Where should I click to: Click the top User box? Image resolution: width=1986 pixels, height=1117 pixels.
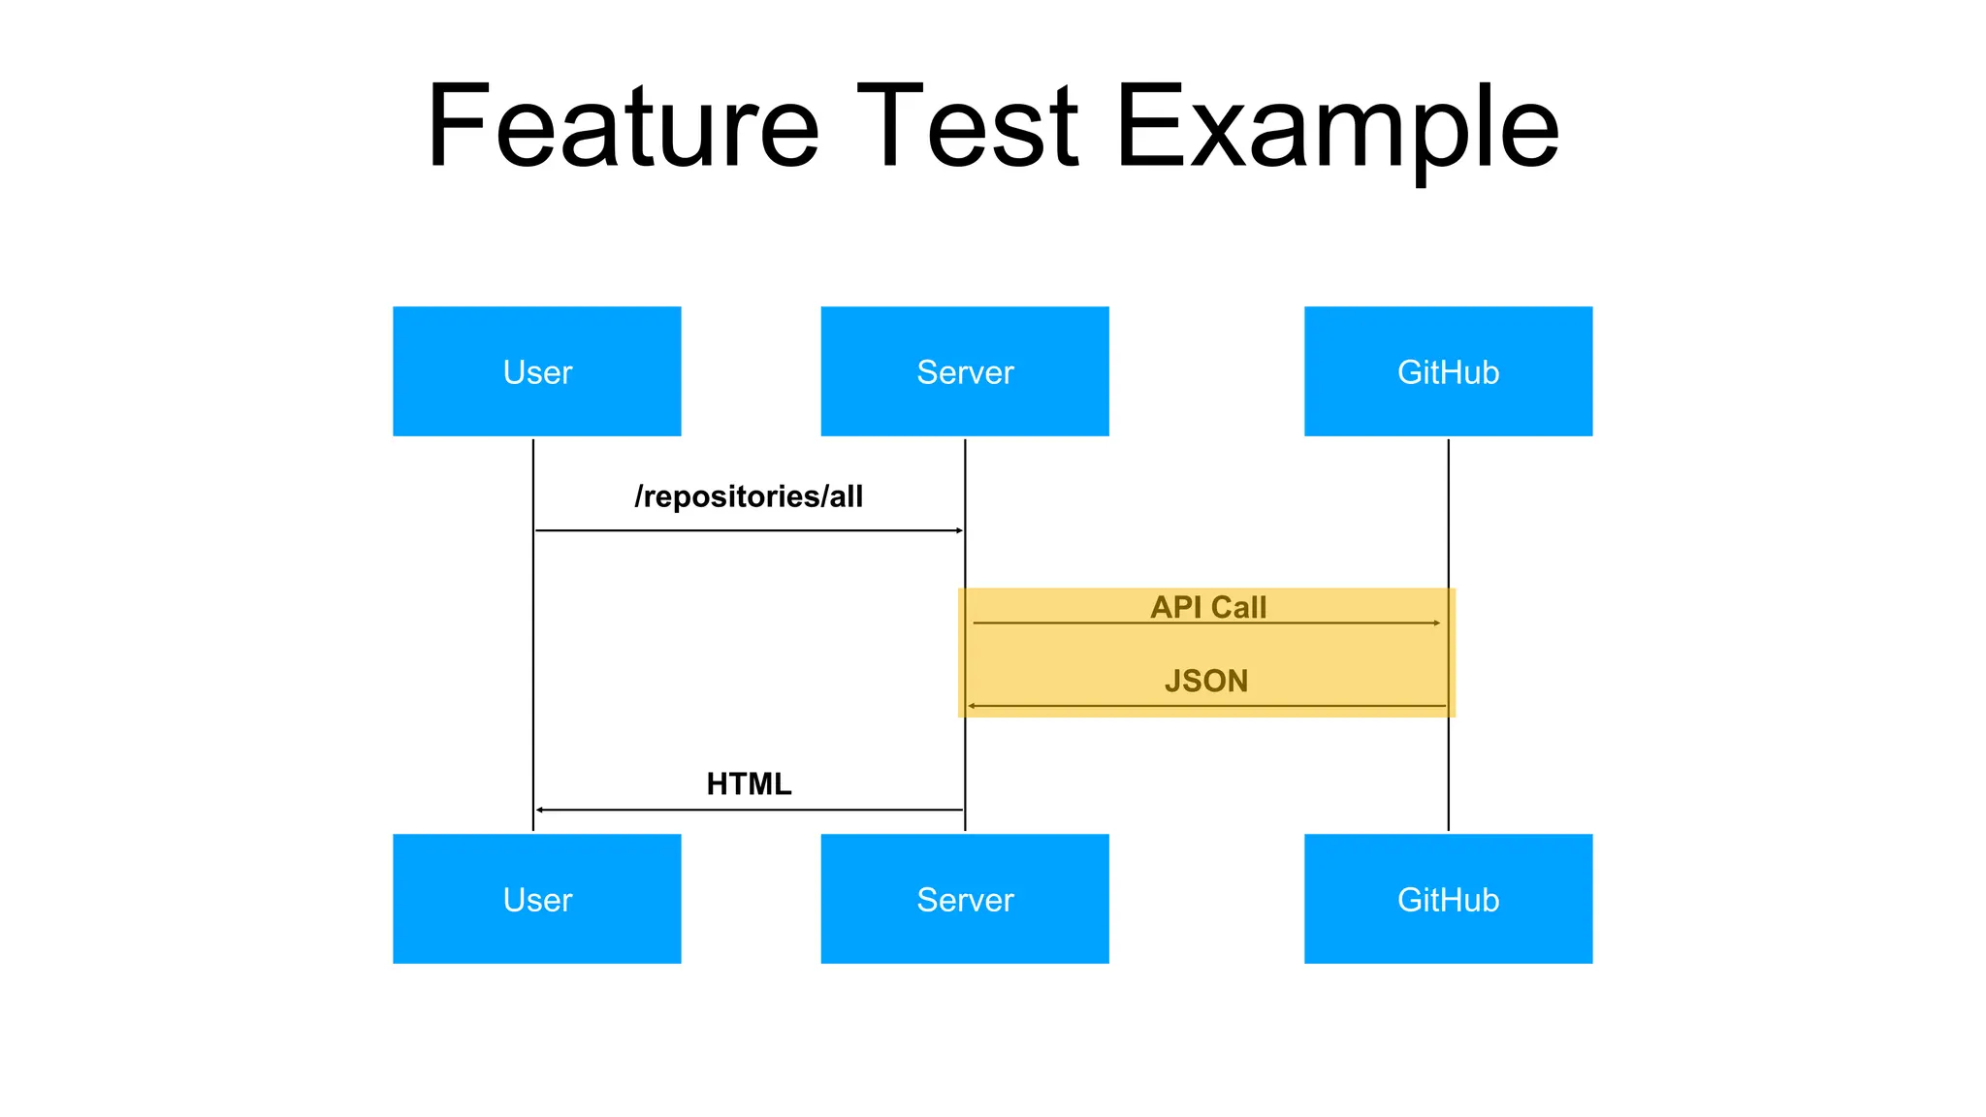pyautogui.click(x=536, y=371)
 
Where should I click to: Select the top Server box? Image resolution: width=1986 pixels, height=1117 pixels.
pyautogui.click(x=964, y=371)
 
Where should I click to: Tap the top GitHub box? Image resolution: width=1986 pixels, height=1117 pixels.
pyautogui.click(x=1448, y=371)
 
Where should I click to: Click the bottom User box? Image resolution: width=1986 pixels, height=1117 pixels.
pyautogui.click(x=536, y=899)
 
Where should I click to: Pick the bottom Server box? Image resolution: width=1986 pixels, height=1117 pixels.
pyautogui.click(x=964, y=899)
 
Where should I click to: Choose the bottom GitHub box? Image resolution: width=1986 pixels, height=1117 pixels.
pyautogui.click(x=1448, y=899)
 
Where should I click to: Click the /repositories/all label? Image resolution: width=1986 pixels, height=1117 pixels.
pyautogui.click(x=749, y=496)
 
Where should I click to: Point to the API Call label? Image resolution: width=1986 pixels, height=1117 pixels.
pyautogui.click(x=1208, y=607)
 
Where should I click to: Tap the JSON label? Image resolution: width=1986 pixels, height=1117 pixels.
pyautogui.click(x=1206, y=681)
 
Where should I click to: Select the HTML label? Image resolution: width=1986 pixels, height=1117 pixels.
pyautogui.click(x=749, y=783)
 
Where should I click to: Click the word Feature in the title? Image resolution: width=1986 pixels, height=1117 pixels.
pyautogui.click(x=623, y=126)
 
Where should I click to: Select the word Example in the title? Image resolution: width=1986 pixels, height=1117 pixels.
pyautogui.click(x=1337, y=131)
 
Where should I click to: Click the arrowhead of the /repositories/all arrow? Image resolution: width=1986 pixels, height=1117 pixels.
pyautogui.click(x=959, y=530)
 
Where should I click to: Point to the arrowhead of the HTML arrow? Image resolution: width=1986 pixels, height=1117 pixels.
pyautogui.click(x=540, y=810)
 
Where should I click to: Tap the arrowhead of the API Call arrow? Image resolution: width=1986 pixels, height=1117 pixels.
pyautogui.click(x=1436, y=622)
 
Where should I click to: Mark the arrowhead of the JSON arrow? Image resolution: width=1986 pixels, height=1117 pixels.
pyautogui.click(x=972, y=706)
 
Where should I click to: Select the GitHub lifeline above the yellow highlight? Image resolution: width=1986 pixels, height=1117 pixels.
pyautogui.click(x=1449, y=514)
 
